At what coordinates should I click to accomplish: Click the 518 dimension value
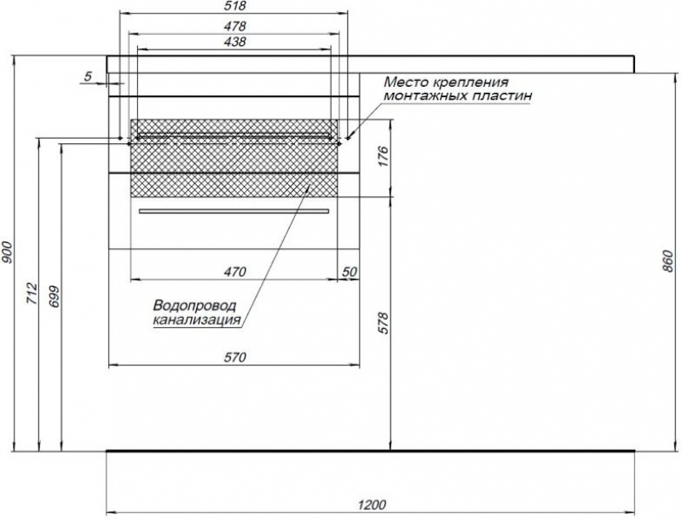click(x=236, y=6)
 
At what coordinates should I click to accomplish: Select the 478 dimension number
click(x=235, y=26)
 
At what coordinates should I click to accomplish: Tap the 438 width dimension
click(x=235, y=41)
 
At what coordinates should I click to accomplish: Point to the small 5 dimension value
click(x=88, y=77)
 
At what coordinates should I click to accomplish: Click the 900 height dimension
click(x=8, y=253)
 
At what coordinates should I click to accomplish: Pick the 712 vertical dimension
click(x=33, y=293)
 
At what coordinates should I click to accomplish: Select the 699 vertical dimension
click(x=55, y=297)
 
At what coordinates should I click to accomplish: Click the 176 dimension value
click(x=383, y=157)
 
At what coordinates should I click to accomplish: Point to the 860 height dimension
click(x=670, y=262)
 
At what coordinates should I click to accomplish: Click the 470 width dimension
click(x=235, y=272)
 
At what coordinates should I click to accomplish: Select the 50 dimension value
click(x=350, y=272)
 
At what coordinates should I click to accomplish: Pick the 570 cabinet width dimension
click(x=235, y=357)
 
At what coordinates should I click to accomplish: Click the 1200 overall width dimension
click(x=373, y=505)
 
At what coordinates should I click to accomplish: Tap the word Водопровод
click(x=194, y=305)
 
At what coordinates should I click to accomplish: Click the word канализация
click(x=197, y=321)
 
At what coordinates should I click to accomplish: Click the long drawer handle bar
click(x=234, y=211)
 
